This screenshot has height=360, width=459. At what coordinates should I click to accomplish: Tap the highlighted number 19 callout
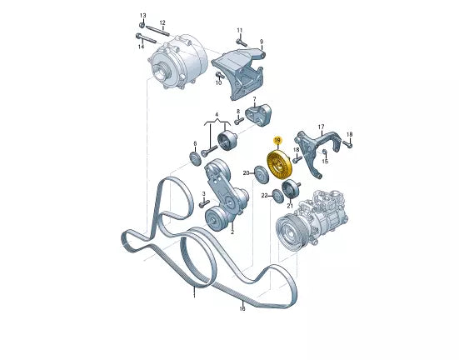coord(277,140)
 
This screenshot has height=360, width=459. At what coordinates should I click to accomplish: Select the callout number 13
coord(142,16)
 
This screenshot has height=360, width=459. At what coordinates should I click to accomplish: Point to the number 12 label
coord(162,22)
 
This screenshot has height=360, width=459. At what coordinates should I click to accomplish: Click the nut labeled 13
coord(142,25)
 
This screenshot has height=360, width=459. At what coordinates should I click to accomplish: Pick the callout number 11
coord(240,31)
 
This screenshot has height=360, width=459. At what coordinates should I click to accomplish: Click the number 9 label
coord(262,42)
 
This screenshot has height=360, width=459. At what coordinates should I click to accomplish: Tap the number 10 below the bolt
coord(218,82)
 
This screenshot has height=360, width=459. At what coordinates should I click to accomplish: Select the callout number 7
coord(254,99)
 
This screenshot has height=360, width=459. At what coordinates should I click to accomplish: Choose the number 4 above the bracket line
coord(217,114)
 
